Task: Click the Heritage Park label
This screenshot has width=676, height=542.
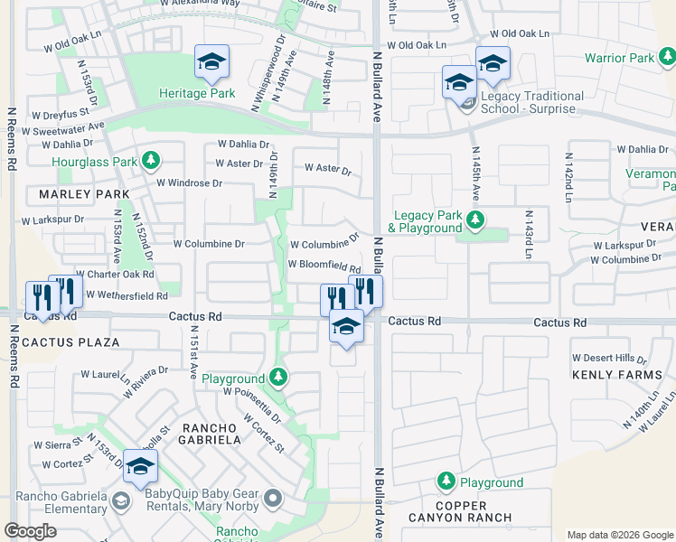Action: point(197,93)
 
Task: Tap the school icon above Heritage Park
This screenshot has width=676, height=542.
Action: point(211,61)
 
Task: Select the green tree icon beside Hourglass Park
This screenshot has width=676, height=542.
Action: point(151,162)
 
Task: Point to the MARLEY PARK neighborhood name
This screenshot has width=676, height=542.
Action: point(84,194)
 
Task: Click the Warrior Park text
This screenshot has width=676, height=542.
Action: point(618,58)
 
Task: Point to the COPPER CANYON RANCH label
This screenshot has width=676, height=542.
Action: point(461,512)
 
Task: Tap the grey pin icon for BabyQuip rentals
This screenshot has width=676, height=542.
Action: point(273,497)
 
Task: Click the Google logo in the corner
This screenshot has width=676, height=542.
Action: point(30,531)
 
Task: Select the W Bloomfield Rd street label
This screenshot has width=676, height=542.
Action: point(324,266)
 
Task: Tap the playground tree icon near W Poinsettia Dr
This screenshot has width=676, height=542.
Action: point(279,376)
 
